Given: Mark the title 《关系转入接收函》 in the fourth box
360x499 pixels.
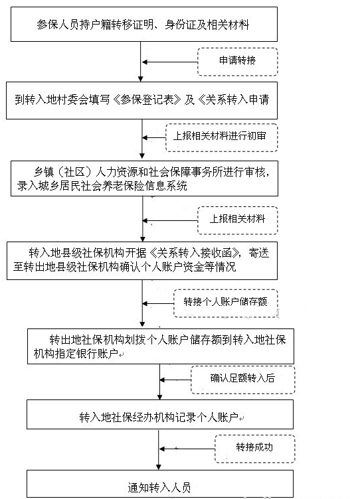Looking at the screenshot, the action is click(195, 253).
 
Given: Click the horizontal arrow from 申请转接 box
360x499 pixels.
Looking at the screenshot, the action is click(170, 62).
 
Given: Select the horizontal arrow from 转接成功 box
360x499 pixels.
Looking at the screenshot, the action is click(187, 449).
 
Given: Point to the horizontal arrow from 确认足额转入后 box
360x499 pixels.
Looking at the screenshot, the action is click(175, 380).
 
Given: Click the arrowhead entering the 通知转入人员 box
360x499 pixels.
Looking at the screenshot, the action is click(159, 467).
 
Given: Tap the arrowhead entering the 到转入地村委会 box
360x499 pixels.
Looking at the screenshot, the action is click(141, 79).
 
